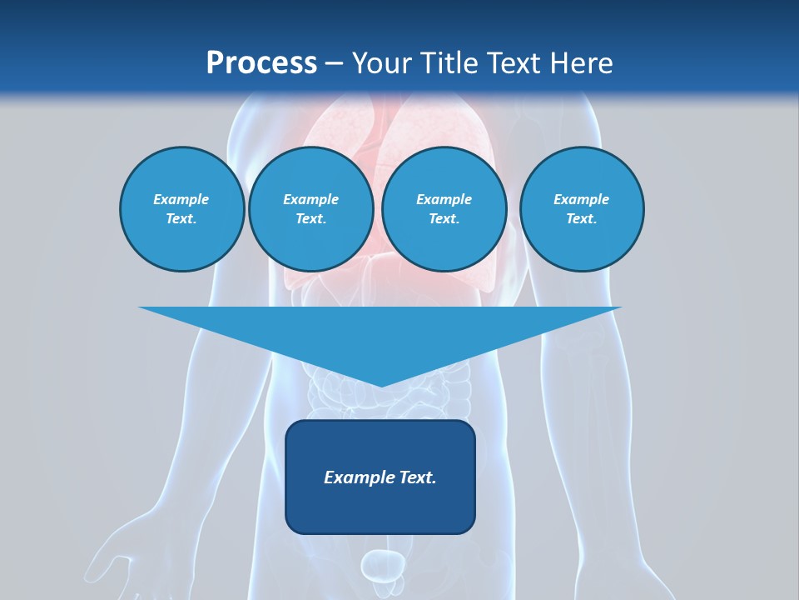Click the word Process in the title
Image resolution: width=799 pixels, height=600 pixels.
click(261, 63)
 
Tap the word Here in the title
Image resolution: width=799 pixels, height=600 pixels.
click(582, 63)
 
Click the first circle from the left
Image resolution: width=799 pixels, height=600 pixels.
click(181, 209)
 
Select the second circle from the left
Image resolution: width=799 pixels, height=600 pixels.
click(310, 209)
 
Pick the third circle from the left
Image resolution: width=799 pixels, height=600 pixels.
click(444, 209)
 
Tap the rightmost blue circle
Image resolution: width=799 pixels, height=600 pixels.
click(581, 209)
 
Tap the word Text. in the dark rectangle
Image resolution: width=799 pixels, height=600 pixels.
click(418, 477)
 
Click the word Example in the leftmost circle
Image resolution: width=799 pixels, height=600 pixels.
click(181, 199)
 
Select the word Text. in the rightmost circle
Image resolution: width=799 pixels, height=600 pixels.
click(581, 218)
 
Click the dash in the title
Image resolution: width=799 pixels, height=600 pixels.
click(334, 63)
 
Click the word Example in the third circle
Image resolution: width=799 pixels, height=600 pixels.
click(444, 199)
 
